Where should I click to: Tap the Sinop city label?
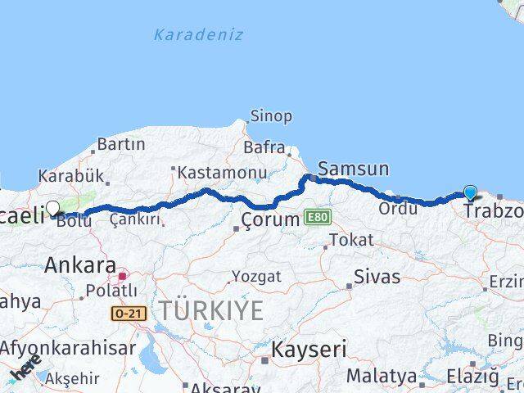[x=270, y=116]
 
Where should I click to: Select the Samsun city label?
[x=353, y=169]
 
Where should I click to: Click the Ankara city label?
[x=79, y=264]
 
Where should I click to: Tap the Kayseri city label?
[x=309, y=350]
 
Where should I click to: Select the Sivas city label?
[x=377, y=276]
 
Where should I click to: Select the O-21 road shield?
[x=126, y=312]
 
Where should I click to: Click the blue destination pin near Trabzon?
[x=470, y=192]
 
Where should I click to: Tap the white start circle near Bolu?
[x=53, y=208]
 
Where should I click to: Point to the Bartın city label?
[x=120, y=144]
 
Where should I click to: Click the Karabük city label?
[x=70, y=176]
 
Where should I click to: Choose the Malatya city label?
[x=381, y=376]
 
